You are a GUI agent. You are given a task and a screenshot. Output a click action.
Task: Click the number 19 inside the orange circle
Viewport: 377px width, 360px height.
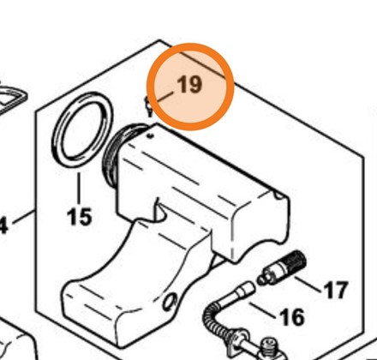pos(189,84)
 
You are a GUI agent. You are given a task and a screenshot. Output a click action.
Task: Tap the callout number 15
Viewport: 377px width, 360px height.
pos(80,216)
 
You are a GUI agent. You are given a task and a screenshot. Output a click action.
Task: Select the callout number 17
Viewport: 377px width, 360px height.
pos(336,290)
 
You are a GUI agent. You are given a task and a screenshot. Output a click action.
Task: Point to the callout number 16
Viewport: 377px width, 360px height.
pos(292,316)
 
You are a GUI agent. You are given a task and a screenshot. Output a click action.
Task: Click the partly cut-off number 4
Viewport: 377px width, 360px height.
pos(3,225)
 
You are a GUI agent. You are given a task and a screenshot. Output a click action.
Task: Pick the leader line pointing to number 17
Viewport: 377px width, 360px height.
pos(308,285)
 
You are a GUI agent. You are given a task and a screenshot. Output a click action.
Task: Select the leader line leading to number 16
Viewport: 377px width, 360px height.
pos(263,310)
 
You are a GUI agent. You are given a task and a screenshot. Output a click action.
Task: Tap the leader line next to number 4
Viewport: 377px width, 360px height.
pos(24,217)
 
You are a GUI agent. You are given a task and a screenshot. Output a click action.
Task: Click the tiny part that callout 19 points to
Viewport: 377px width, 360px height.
pos(148,106)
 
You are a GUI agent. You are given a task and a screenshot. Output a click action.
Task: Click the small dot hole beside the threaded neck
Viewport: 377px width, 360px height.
pos(151,136)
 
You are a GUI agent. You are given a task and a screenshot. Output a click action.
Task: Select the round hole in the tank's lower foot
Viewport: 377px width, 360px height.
pos(170,303)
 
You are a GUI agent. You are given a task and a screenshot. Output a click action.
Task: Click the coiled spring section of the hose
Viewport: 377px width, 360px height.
pos(212,319)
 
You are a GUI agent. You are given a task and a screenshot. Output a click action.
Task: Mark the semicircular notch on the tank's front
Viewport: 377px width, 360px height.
pos(161,211)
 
